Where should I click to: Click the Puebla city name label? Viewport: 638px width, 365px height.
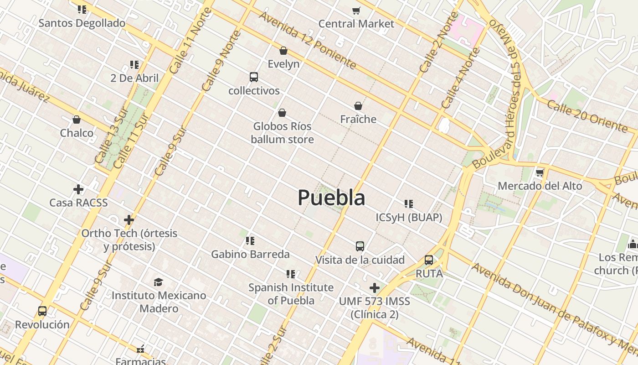(331, 198)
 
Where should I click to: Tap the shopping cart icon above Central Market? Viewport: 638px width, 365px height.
(356, 10)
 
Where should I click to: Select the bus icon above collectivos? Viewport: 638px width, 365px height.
(254, 77)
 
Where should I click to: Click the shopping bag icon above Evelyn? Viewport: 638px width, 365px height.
(283, 51)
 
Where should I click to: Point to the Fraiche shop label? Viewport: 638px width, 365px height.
(358, 119)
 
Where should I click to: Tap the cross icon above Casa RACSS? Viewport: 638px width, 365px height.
(78, 189)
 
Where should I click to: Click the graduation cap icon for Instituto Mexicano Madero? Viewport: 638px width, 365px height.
(158, 282)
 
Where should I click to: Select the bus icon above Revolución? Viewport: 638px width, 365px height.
(42, 311)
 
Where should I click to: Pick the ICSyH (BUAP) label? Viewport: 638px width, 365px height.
(409, 218)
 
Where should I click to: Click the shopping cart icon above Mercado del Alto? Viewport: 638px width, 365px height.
(540, 172)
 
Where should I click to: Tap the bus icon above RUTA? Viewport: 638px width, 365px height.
(429, 260)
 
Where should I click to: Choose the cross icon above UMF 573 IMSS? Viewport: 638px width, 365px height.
(374, 288)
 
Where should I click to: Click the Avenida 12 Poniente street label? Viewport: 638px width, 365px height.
(307, 40)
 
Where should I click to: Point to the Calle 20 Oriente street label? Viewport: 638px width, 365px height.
(587, 116)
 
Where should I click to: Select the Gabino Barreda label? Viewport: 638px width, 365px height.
(250, 254)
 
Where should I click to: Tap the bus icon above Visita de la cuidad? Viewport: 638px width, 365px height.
(360, 246)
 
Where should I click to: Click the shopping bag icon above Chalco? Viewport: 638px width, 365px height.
(77, 120)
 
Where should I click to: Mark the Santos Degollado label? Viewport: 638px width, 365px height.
(82, 23)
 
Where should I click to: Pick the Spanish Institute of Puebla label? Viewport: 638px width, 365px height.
(291, 294)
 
